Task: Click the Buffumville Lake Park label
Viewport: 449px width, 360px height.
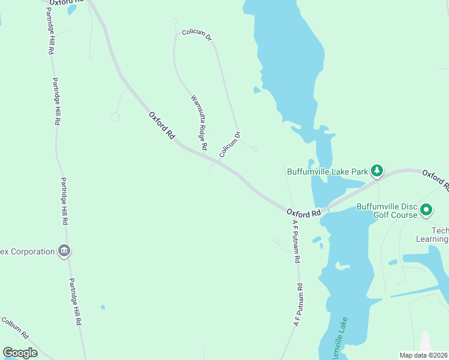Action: pos(327,171)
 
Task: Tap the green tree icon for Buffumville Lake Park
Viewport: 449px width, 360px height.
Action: pos(376,170)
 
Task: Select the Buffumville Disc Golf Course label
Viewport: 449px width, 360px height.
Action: pos(387,210)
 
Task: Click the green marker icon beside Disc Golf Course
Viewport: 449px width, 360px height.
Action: pos(426,209)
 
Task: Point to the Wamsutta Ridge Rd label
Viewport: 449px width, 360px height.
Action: pos(199,122)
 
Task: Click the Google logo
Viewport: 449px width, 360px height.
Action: pos(20,353)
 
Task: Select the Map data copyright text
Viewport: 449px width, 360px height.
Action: pos(423,355)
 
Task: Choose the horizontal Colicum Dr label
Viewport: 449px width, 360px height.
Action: pos(197,34)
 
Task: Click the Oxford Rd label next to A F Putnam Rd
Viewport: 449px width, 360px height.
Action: pos(304,212)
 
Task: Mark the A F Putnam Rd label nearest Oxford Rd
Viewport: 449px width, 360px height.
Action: pos(296,242)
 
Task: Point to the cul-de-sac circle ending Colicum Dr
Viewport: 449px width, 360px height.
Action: pos(255,149)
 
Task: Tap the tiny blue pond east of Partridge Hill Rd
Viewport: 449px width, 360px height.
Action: pos(103,307)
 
